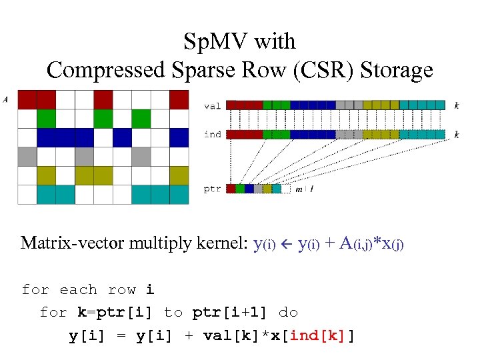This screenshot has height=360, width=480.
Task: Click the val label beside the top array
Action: (x=212, y=105)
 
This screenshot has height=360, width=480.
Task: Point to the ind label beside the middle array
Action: (x=212, y=135)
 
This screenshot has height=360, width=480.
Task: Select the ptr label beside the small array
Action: (x=212, y=189)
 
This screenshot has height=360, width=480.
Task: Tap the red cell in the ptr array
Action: (x=231, y=189)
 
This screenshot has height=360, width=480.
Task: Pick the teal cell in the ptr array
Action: (x=277, y=189)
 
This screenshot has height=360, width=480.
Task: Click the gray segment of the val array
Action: (x=349, y=105)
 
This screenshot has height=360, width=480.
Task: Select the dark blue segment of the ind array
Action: (x=313, y=135)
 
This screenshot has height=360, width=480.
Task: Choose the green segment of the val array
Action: (x=276, y=105)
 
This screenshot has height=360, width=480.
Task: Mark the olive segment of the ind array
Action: (x=381, y=135)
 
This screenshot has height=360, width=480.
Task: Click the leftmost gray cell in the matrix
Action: (x=27, y=157)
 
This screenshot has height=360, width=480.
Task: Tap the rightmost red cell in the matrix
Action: (x=179, y=99)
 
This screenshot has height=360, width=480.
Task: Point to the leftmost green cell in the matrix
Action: (x=46, y=119)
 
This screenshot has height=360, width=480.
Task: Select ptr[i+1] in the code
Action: (x=225, y=312)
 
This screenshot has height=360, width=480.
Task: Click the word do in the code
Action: (x=288, y=312)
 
